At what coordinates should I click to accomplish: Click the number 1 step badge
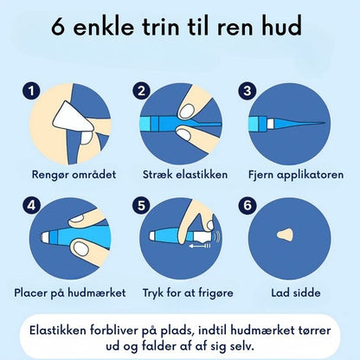33,90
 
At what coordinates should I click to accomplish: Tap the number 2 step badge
141,90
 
